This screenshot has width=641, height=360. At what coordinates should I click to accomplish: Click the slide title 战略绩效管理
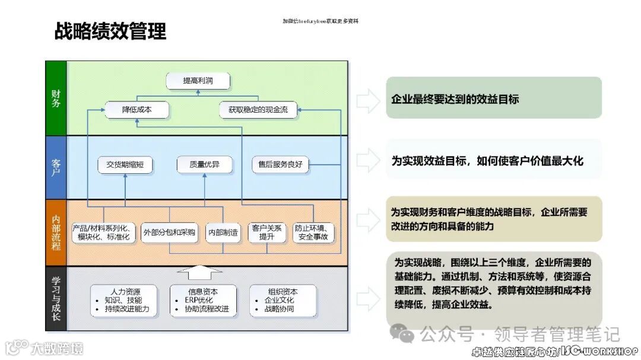pyautogui.click(x=110, y=31)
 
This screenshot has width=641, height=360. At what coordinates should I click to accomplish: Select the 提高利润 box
pyautogui.click(x=197, y=81)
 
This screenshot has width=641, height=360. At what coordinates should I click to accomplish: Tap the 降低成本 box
pyautogui.click(x=137, y=110)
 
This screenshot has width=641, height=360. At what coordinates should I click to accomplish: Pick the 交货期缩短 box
pyautogui.click(x=125, y=164)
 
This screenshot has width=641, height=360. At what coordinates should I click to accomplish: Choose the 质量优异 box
pyautogui.click(x=204, y=164)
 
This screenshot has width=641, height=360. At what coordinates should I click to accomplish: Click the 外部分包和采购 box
pyautogui.click(x=169, y=233)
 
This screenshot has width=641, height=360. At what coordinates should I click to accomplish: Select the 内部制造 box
pyautogui.click(x=223, y=233)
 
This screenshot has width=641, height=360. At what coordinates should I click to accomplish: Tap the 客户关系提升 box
pyautogui.click(x=267, y=232)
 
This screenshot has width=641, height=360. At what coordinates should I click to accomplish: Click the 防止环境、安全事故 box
pyautogui.click(x=314, y=232)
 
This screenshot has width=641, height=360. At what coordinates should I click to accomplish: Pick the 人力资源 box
pyautogui.click(x=125, y=300)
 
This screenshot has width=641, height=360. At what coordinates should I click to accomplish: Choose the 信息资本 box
pyautogui.click(x=203, y=300)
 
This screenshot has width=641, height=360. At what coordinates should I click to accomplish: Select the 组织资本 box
pyautogui.click(x=281, y=300)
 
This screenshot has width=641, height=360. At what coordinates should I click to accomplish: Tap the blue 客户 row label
pyautogui.click(x=56, y=167)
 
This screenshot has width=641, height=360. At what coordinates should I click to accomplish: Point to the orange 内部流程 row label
pyautogui.click(x=56, y=232)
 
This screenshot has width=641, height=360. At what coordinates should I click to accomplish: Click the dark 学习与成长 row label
pyautogui.click(x=56, y=298)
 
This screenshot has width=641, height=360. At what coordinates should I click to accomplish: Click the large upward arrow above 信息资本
pyautogui.click(x=204, y=273)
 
